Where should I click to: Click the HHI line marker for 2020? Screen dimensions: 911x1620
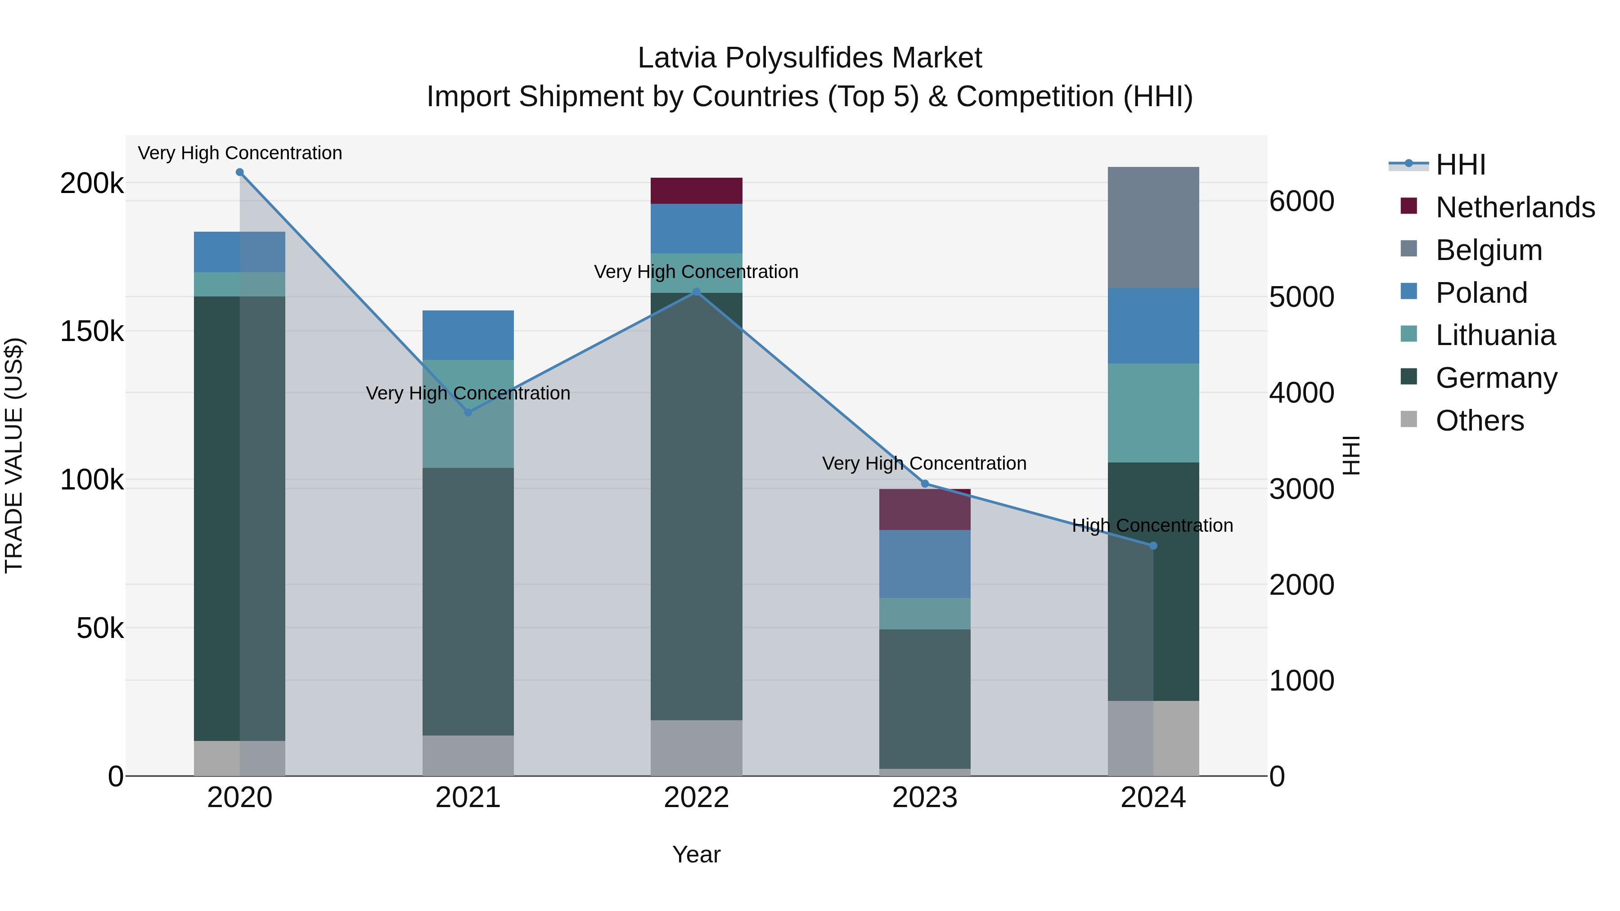[x=239, y=172]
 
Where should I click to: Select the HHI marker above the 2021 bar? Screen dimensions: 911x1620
[x=468, y=413]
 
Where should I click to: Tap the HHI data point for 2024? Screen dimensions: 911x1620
[x=1153, y=546]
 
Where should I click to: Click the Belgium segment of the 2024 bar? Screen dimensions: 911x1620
[x=1153, y=228]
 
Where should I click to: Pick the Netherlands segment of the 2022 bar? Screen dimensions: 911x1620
[x=696, y=190]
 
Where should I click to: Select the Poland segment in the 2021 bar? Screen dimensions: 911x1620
[x=468, y=335]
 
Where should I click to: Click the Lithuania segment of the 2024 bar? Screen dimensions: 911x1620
[x=1153, y=413]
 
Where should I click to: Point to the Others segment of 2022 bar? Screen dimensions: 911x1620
[x=696, y=748]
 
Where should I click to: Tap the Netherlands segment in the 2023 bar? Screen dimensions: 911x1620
[x=924, y=510]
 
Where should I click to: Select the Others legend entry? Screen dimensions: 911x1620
[x=1479, y=421]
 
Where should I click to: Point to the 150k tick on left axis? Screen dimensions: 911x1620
[x=92, y=331]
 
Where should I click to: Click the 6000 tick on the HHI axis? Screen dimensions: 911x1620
[x=1301, y=201]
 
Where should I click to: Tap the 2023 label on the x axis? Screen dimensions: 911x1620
[x=924, y=798]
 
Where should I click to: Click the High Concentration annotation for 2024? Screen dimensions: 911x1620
[x=1152, y=525]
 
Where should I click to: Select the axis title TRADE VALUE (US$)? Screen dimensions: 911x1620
[x=14, y=455]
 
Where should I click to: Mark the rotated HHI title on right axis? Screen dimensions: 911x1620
[x=1351, y=455]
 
